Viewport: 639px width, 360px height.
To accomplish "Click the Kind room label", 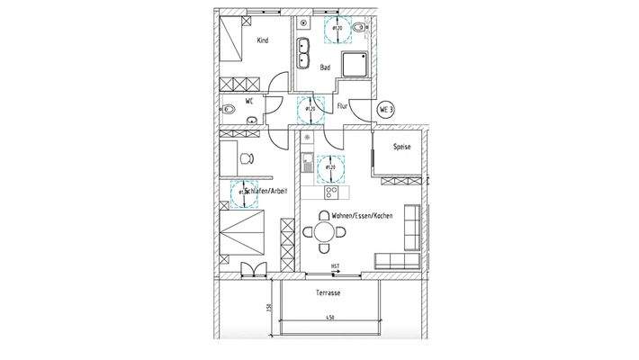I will (263, 40).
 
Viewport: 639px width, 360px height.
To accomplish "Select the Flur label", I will (342, 107).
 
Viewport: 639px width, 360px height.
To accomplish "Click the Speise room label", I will (401, 147).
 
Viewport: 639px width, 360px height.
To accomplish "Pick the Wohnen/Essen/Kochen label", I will (360, 216).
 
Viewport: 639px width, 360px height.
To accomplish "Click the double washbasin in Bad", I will (303, 53).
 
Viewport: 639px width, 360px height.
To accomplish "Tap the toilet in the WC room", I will (229, 111).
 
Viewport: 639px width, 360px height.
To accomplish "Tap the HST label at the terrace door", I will (334, 266).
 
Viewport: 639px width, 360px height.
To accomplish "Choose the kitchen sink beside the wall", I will (307, 165).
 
